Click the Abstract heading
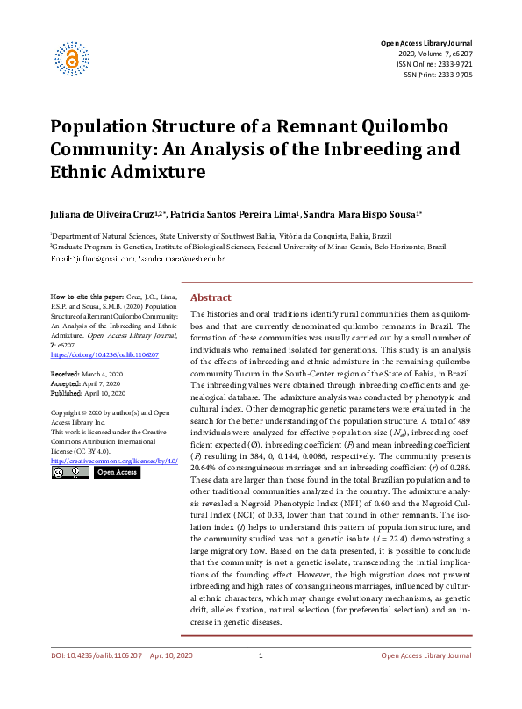(x=211, y=297)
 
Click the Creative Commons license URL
(x=114, y=461)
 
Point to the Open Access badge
(x=117, y=473)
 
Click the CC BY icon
(x=70, y=473)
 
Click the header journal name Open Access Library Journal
(x=425, y=43)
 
